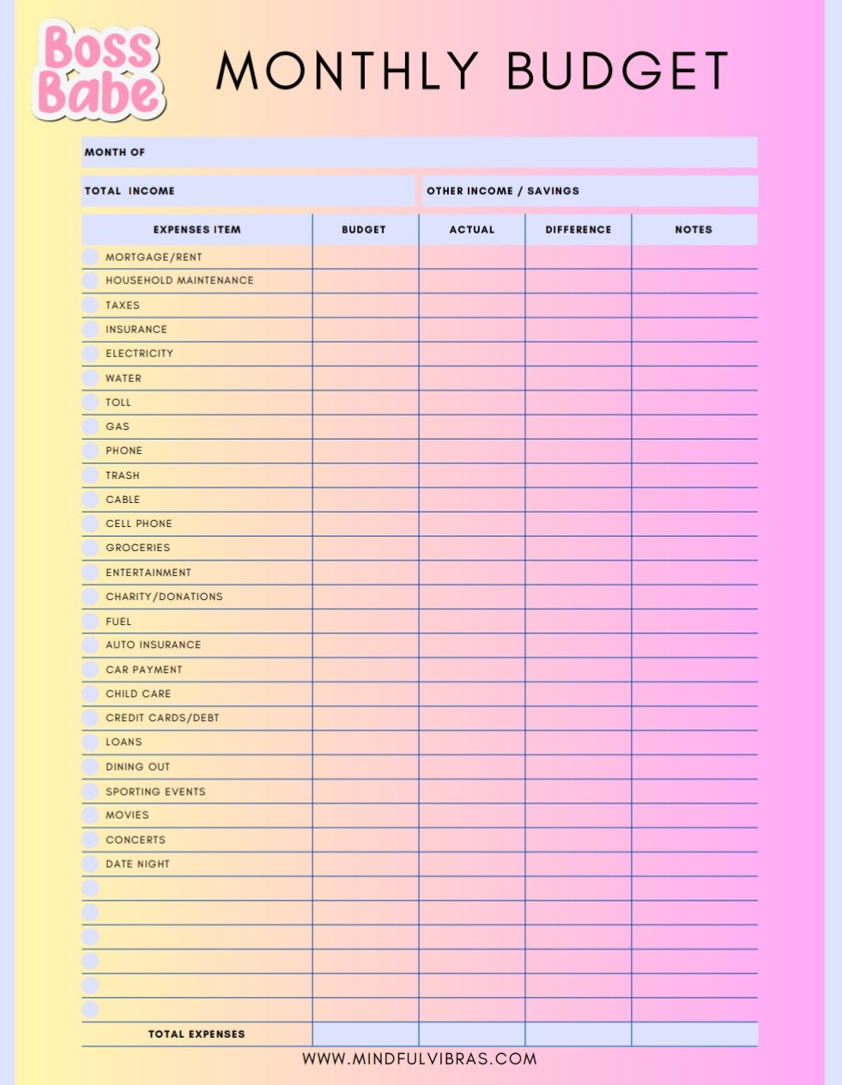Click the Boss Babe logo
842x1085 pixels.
(100, 70)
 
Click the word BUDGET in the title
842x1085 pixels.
(617, 70)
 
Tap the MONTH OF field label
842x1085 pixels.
(115, 152)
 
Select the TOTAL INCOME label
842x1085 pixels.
(130, 191)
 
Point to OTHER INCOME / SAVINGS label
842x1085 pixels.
(503, 191)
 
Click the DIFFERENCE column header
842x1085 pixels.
(578, 229)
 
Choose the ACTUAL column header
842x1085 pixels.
(472, 229)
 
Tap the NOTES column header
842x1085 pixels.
(694, 229)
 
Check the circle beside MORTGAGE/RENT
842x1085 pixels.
(90, 257)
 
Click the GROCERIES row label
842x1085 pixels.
(138, 548)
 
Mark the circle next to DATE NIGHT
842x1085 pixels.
(90, 864)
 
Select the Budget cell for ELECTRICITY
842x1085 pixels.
(366, 354)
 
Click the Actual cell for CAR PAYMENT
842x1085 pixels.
(472, 670)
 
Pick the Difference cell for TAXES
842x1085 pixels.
(578, 306)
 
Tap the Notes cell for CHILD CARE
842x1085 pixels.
(694, 694)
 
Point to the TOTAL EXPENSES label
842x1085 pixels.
(197, 1034)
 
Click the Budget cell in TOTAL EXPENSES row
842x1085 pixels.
(366, 1034)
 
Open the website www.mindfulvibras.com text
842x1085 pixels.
(420, 1059)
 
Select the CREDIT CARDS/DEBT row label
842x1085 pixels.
(162, 718)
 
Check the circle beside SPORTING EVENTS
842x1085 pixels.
(90, 791)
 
